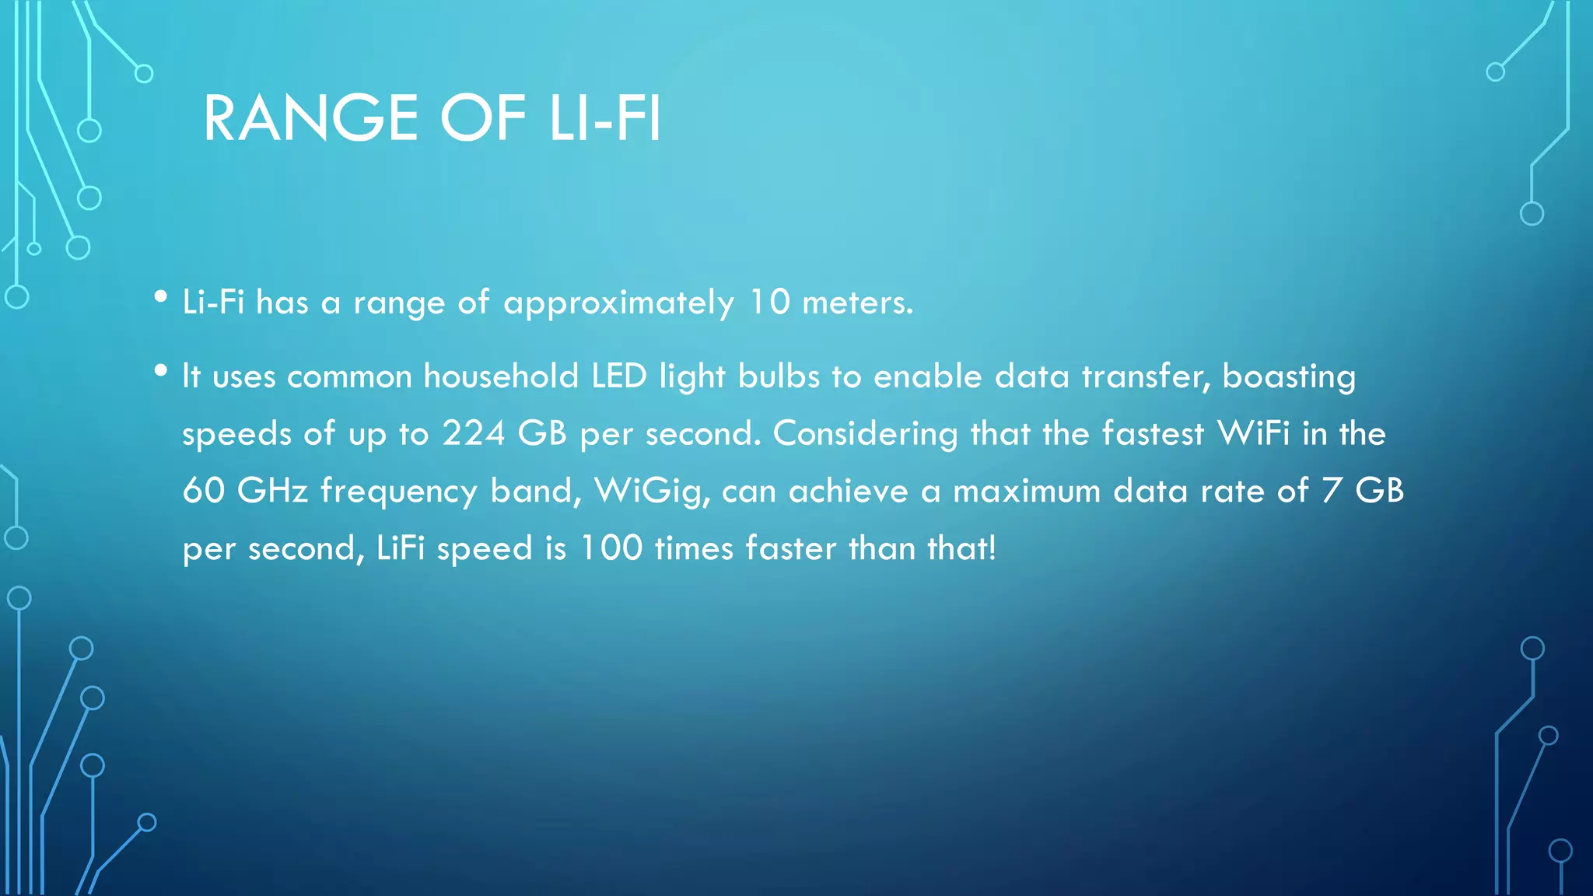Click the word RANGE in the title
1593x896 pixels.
click(310, 118)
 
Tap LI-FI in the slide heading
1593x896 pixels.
click(604, 118)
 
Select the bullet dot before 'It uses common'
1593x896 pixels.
click(161, 371)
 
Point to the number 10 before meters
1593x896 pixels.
click(768, 302)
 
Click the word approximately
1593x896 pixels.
click(618, 303)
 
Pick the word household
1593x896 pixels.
click(501, 376)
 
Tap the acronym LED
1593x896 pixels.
click(619, 376)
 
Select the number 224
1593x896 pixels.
click(473, 433)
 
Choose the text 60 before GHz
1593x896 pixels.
click(203, 491)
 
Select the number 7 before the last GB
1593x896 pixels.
click(1332, 491)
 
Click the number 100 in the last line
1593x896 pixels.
click(611, 548)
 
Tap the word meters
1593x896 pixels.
click(857, 302)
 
